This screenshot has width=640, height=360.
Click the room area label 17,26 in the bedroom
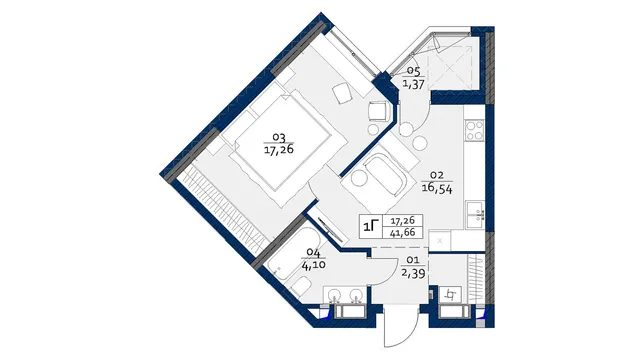click(x=279, y=150)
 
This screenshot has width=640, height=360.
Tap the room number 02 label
click(x=437, y=176)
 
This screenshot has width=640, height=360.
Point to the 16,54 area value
click(x=437, y=189)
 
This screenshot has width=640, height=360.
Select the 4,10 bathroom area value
click(x=313, y=265)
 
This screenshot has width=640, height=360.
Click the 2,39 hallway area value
click(x=414, y=273)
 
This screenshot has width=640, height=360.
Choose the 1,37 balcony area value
click(x=413, y=84)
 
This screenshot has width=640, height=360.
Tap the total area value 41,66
click(x=402, y=233)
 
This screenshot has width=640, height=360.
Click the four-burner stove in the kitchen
click(x=474, y=130)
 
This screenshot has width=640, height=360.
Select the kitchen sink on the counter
click(x=476, y=215)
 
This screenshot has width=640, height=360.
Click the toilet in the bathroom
click(x=302, y=286)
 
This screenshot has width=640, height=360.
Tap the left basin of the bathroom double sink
click(x=337, y=295)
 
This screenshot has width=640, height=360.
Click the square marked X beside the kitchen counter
click(x=440, y=241)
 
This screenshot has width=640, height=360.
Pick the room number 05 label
click(x=413, y=72)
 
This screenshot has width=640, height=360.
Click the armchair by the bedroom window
click(x=378, y=111)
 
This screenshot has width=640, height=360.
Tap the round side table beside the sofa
click(x=358, y=179)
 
